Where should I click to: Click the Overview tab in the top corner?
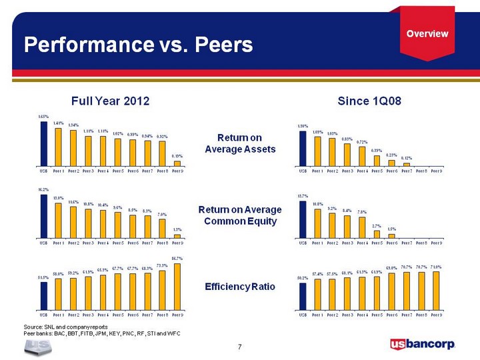click(x=427, y=33)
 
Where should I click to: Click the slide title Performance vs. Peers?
click(x=138, y=45)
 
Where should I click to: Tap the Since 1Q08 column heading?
click(x=370, y=101)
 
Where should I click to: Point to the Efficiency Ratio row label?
click(x=240, y=287)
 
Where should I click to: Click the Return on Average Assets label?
click(x=240, y=143)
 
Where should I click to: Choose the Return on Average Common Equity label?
click(x=240, y=215)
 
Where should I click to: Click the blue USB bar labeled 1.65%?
click(x=44, y=143)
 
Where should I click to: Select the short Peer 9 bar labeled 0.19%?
click(x=177, y=163)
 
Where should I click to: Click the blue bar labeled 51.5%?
click(x=44, y=296)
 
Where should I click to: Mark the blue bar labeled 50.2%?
click(x=302, y=297)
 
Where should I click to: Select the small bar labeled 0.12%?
click(x=406, y=164)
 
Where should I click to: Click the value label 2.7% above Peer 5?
click(x=376, y=227)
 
